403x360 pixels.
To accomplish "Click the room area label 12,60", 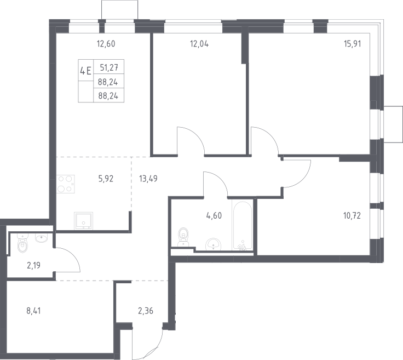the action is click(x=106, y=44).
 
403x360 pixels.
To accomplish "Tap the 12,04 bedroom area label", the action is click(x=199, y=44).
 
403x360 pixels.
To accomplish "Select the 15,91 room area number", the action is click(x=353, y=44).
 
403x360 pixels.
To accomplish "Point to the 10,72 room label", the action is click(x=352, y=215).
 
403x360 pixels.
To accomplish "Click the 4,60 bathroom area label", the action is click(x=214, y=215).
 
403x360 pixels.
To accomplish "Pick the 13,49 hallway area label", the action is click(x=148, y=179).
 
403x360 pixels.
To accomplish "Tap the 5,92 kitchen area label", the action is click(x=106, y=179).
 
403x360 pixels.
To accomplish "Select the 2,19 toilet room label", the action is click(x=33, y=265).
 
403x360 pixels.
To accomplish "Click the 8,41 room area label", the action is click(x=33, y=311).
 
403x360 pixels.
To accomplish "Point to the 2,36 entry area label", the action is click(x=146, y=311).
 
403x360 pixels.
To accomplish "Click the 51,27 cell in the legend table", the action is click(x=109, y=67).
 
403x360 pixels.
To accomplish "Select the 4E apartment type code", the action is click(x=85, y=71).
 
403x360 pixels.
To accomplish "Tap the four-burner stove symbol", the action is click(x=66, y=184).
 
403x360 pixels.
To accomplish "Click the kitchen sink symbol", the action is click(x=83, y=221).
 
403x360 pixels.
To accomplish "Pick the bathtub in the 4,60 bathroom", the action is click(x=242, y=226).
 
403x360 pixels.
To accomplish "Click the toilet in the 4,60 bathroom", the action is click(x=183, y=237).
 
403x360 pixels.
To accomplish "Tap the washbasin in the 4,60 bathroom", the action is click(x=213, y=244).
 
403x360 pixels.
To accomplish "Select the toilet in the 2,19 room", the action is click(x=22, y=243).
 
